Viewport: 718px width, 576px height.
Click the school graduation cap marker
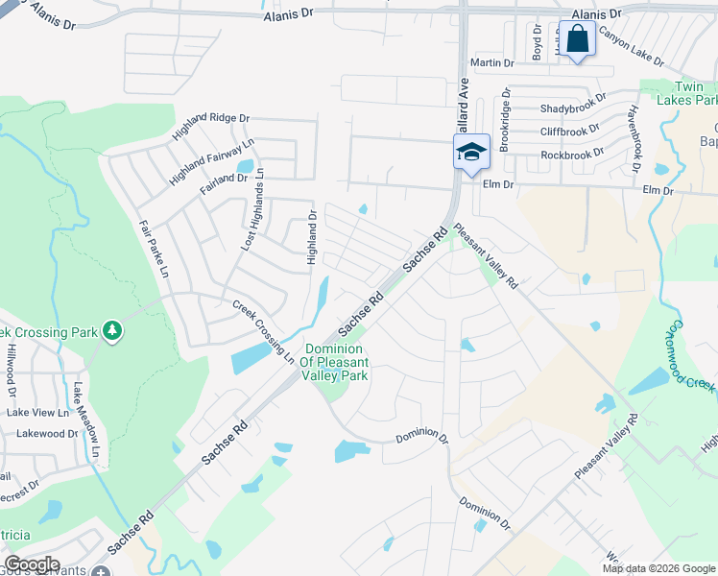tap(471, 153)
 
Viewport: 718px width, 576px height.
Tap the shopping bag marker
tap(577, 39)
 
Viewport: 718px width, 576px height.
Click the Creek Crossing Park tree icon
tap(113, 331)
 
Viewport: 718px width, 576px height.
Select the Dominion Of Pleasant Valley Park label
tap(336, 362)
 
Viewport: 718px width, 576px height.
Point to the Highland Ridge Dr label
tap(211, 126)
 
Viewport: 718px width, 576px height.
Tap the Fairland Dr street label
tap(223, 179)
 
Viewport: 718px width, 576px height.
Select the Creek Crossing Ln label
tap(263, 331)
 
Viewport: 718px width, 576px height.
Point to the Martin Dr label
tap(492, 62)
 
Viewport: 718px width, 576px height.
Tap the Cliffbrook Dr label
tap(569, 130)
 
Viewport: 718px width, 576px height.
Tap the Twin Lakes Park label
tap(685, 92)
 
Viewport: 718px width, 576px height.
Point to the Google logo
tap(32, 564)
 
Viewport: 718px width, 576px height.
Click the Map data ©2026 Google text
tap(658, 568)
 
